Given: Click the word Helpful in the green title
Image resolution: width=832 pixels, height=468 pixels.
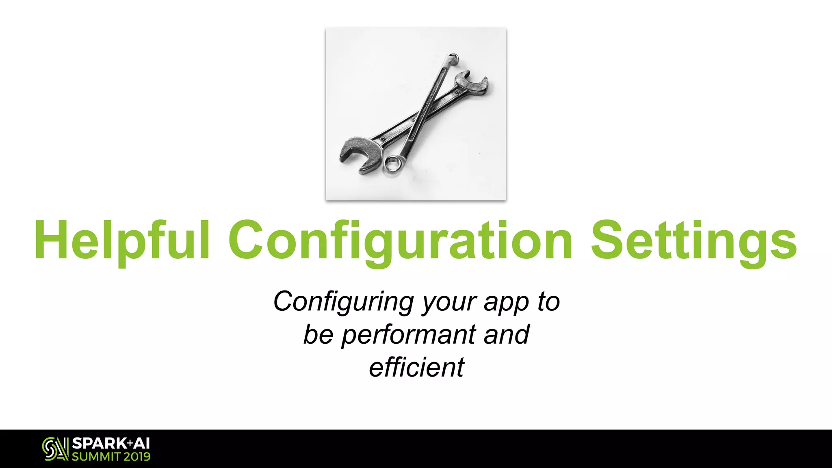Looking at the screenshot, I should click(x=122, y=240).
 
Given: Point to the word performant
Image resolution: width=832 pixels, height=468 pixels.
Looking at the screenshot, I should click(x=409, y=335).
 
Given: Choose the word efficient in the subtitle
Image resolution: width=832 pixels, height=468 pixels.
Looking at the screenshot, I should click(x=416, y=367).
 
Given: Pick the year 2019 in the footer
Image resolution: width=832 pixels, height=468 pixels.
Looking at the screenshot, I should click(x=137, y=457).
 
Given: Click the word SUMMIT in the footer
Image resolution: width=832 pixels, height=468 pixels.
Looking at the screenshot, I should click(x=96, y=457).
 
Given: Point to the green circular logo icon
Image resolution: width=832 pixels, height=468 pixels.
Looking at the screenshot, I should click(x=55, y=449).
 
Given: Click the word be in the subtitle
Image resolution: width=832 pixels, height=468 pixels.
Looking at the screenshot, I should click(x=318, y=335).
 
